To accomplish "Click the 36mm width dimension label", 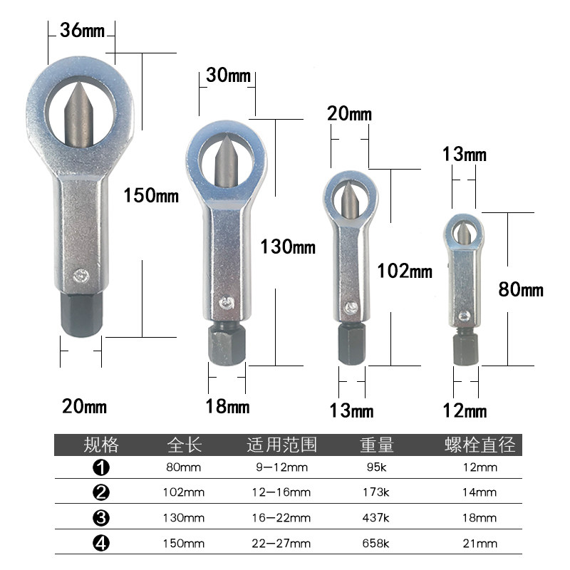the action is point(82,30).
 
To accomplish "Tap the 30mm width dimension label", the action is point(228,75).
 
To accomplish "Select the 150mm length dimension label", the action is point(151,195).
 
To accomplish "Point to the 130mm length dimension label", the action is point(288,247).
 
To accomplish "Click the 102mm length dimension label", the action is point(405,271).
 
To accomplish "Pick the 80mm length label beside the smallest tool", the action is point(521,290).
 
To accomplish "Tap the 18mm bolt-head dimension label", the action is point(227,406).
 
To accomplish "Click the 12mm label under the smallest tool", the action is point(465,411).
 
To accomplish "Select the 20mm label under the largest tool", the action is point(84,406).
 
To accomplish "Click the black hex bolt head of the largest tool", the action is point(81,315).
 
